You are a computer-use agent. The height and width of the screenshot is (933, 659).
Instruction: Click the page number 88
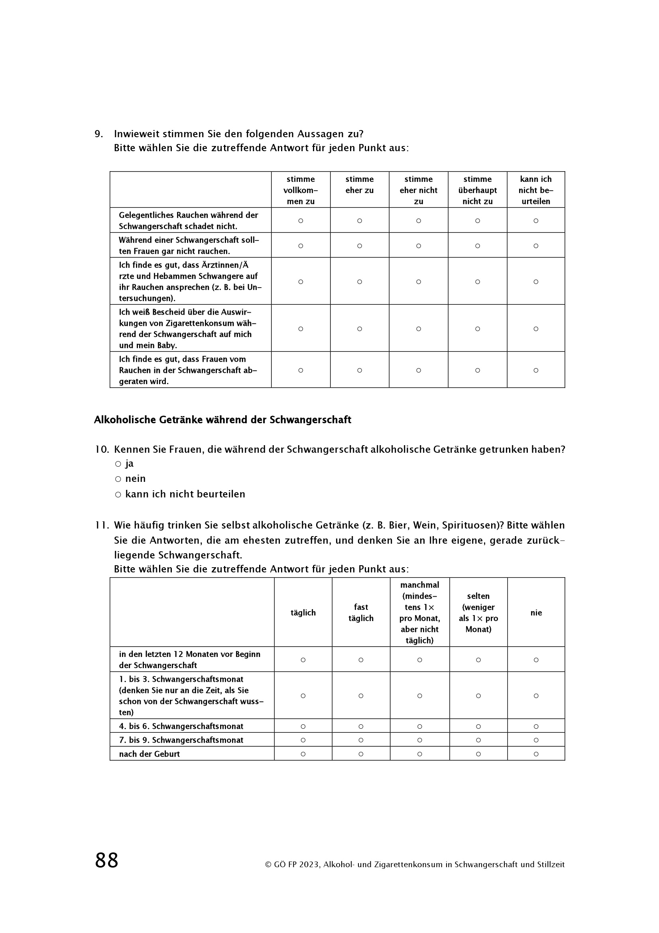click(106, 860)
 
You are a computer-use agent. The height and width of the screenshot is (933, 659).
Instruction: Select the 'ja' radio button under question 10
click(118, 464)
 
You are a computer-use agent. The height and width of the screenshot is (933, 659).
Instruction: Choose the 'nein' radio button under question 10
click(118, 479)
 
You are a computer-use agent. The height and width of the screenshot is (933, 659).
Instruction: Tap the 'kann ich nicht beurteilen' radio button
click(118, 495)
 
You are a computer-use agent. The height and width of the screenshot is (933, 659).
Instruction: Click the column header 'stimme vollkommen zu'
click(301, 190)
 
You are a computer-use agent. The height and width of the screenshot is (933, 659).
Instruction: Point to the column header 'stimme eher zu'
click(359, 185)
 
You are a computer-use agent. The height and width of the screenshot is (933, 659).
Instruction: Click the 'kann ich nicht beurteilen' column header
click(535, 190)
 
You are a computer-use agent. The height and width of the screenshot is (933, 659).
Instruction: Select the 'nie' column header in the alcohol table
click(536, 613)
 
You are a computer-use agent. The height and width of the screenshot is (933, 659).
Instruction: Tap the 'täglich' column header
click(303, 613)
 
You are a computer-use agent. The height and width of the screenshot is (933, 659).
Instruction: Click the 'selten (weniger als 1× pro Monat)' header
click(478, 613)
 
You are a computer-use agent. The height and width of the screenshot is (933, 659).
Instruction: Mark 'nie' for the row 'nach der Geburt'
click(536, 754)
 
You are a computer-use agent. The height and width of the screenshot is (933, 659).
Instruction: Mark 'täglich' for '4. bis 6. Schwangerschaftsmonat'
click(303, 726)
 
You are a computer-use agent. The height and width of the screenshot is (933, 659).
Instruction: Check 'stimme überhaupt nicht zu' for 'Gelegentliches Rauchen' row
click(478, 221)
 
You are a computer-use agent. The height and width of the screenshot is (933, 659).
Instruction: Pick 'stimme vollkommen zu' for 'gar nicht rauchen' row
click(301, 246)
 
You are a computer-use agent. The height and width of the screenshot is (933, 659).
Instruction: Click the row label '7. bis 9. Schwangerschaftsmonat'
click(181, 740)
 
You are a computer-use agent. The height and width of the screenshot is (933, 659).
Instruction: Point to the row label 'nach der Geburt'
click(150, 754)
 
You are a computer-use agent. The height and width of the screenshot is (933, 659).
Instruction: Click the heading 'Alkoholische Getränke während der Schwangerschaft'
click(222, 420)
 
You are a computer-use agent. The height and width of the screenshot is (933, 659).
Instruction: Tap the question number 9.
click(98, 134)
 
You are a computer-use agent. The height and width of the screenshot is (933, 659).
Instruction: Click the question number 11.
click(102, 525)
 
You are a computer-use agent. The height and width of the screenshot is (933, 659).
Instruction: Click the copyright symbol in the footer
click(268, 865)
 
